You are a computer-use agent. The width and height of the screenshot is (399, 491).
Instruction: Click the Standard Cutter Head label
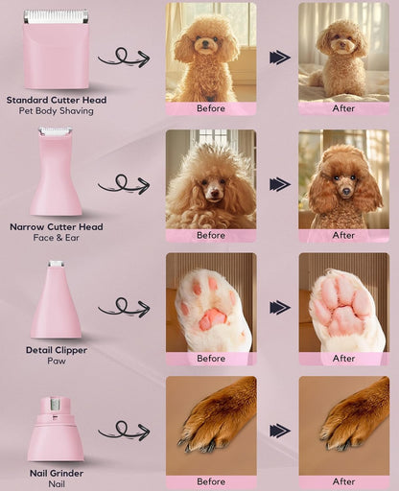[56, 100]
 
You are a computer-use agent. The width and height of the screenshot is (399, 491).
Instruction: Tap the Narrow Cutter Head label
[56, 227]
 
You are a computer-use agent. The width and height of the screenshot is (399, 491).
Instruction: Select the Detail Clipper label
[56, 350]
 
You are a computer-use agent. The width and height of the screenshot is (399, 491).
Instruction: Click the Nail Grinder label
[56, 474]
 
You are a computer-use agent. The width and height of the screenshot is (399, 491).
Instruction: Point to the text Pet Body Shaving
[56, 112]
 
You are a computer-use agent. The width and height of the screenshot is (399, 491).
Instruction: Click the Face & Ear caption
[56, 239]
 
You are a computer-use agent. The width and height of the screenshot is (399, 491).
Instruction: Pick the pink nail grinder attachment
[56, 430]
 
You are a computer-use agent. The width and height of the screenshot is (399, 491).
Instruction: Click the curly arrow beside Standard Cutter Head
[123, 58]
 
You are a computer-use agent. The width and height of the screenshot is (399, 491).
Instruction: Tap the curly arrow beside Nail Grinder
[123, 431]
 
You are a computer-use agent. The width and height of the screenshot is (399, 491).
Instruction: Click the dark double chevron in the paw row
[279, 308]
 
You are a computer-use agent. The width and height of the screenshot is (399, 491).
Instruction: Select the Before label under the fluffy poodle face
[210, 235]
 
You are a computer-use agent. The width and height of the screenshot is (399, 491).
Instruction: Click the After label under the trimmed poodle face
[343, 235]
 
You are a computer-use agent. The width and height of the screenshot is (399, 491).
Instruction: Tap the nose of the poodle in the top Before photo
[204, 45]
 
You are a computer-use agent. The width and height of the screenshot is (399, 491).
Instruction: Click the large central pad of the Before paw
[211, 318]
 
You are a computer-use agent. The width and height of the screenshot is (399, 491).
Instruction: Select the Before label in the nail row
[210, 481]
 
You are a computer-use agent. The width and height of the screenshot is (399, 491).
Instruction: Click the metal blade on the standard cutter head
[55, 16]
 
